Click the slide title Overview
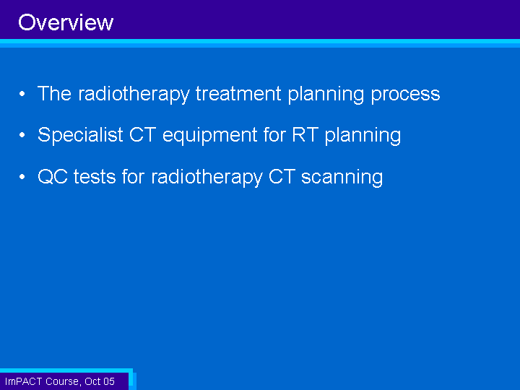[66, 22]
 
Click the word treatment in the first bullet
[238, 93]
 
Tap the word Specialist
[80, 135]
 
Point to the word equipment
[210, 136]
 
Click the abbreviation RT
[305, 134]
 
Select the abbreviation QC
[53, 176]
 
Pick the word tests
[95, 177]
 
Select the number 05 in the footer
[109, 381]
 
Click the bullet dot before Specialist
[22, 135]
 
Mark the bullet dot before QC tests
[22, 177]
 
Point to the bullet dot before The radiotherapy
[22, 94]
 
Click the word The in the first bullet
[54, 93]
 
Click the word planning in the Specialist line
[363, 136]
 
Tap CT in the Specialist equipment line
[142, 134]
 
